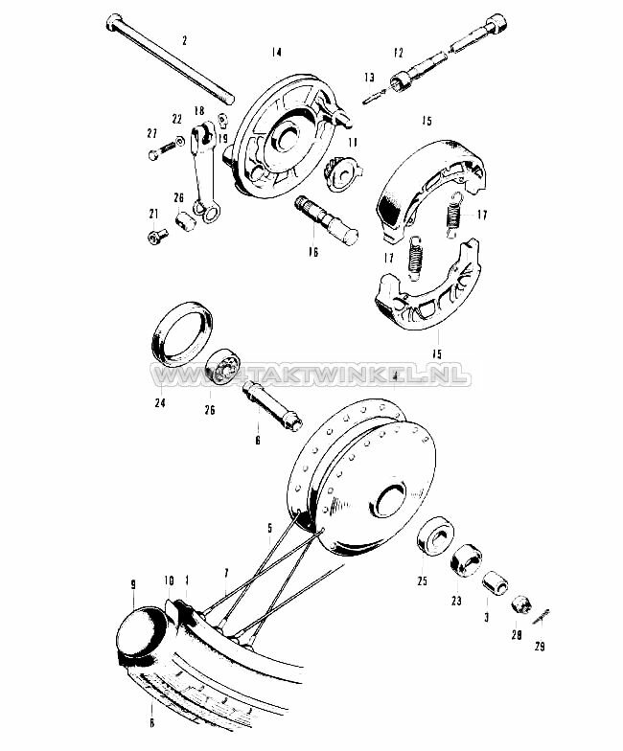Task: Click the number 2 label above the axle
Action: (185, 40)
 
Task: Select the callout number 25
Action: (421, 581)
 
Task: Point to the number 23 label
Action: (456, 602)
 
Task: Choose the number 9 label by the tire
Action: (132, 581)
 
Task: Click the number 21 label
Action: (151, 214)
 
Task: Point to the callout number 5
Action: (269, 528)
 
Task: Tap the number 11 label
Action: (353, 142)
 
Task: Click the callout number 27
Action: (150, 133)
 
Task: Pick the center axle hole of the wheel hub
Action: (391, 499)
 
